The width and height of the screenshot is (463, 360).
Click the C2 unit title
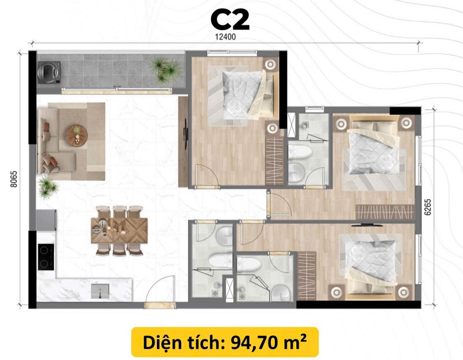[x=230, y=20]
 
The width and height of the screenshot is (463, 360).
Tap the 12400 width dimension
[x=225, y=37]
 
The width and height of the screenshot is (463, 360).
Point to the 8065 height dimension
[x=13, y=179]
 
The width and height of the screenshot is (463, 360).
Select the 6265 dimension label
[x=428, y=207]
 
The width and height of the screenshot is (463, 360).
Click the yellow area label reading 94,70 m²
[x=225, y=342]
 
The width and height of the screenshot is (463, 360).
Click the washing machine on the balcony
[x=49, y=72]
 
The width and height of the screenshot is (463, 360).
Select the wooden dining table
[x=119, y=230]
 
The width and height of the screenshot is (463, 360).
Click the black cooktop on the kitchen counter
[x=46, y=257]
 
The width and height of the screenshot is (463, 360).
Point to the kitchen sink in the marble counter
[x=100, y=291]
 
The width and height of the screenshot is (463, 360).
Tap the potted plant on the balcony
[x=165, y=69]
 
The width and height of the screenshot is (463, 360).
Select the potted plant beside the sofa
[x=47, y=186]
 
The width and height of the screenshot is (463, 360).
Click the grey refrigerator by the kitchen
[x=46, y=220]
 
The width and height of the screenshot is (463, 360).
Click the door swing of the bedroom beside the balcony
[x=207, y=176]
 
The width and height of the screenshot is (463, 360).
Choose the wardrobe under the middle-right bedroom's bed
[x=385, y=212]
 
